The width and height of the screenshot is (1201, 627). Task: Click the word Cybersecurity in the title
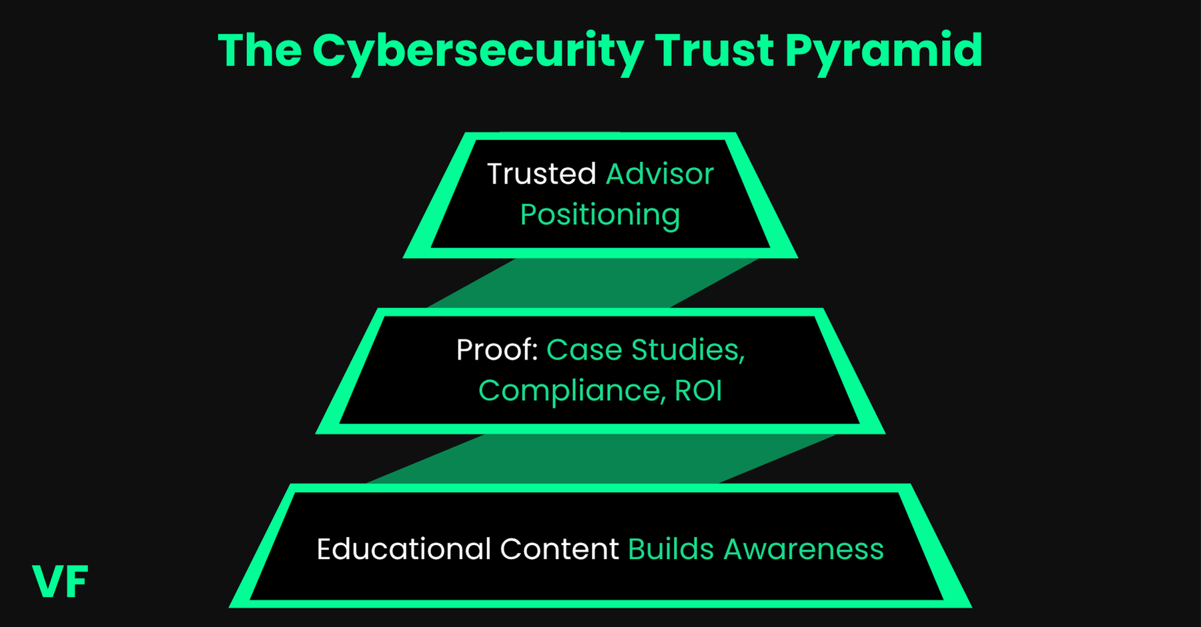pos(478,51)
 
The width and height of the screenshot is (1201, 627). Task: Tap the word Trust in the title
pos(713,51)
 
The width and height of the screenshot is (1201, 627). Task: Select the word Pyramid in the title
pos(883,51)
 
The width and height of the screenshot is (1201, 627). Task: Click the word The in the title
pos(260,51)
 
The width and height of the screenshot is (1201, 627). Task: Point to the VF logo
pos(60,582)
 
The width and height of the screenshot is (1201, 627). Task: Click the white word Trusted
pos(541,174)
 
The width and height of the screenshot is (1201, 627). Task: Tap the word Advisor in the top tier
pos(659,174)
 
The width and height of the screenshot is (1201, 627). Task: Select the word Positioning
pos(600,215)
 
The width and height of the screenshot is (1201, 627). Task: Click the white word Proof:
pos(497,350)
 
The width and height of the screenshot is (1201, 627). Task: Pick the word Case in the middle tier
pos(584,350)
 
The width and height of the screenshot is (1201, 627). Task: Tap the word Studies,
pos(688,350)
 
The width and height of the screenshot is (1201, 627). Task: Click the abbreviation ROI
pos(698,391)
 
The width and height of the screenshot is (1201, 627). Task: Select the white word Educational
pos(404,549)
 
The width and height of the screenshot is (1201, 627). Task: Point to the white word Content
pos(559,549)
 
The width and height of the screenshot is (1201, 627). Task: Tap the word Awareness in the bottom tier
pos(803,549)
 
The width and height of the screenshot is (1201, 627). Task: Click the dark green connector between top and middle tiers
pos(594,283)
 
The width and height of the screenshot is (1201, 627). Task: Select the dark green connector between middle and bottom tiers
pos(600,458)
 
